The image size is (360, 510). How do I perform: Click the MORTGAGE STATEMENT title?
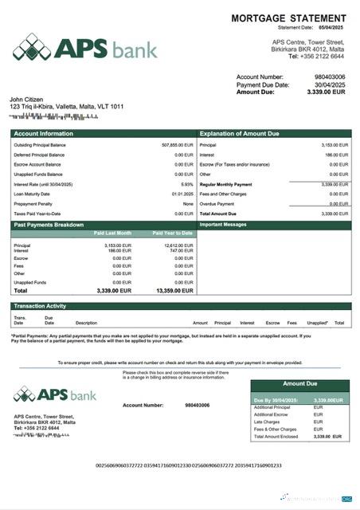click(x=288, y=18)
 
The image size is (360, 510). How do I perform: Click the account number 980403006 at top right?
click(x=329, y=77)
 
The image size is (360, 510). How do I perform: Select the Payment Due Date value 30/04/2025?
click(x=329, y=84)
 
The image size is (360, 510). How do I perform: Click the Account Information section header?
click(x=44, y=134)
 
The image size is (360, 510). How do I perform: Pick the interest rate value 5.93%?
click(x=187, y=184)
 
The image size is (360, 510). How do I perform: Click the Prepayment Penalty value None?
click(x=188, y=203)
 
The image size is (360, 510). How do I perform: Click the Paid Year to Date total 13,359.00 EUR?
click(x=173, y=291)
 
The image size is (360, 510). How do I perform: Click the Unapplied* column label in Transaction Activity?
click(x=317, y=323)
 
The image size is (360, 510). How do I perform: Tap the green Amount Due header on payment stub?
click(x=299, y=384)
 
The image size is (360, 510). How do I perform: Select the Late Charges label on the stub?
click(x=265, y=422)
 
